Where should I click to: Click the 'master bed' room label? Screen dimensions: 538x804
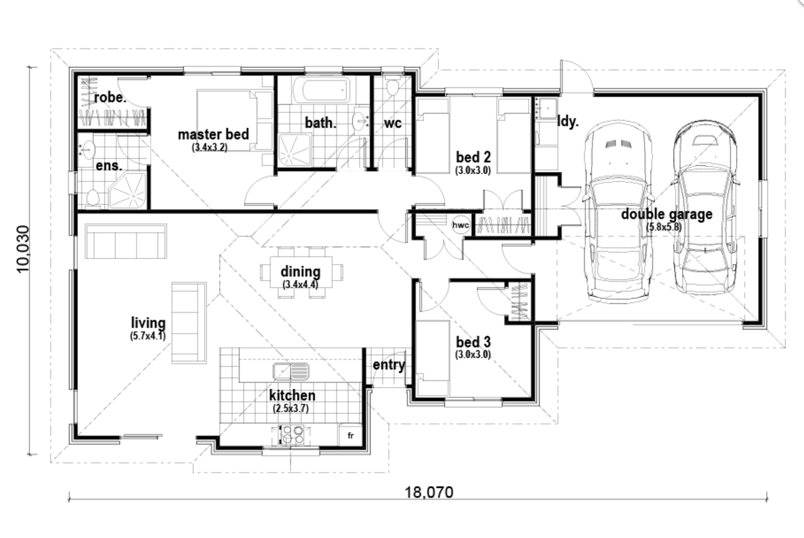(x=213, y=134)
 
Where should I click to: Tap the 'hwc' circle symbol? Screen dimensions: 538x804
(x=461, y=226)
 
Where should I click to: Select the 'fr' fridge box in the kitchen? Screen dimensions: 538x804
(x=350, y=436)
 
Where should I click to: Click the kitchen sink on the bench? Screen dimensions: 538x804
(x=291, y=371)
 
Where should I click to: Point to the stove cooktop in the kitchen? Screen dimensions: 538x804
(x=292, y=435)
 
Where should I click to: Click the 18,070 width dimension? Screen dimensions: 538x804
(x=429, y=492)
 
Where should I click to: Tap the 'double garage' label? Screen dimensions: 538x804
(x=666, y=214)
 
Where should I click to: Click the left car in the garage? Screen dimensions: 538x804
(x=618, y=210)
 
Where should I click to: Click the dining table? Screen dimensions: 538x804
(x=301, y=272)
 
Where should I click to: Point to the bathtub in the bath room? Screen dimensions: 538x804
(x=320, y=91)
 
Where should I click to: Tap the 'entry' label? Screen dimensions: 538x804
(x=388, y=365)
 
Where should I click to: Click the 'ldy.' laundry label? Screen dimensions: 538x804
(x=568, y=122)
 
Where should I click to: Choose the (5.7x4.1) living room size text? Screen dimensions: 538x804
(x=148, y=336)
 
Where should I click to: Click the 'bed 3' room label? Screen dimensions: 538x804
(x=473, y=342)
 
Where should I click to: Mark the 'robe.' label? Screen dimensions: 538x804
(x=110, y=97)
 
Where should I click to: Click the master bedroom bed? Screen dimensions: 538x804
(x=235, y=120)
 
